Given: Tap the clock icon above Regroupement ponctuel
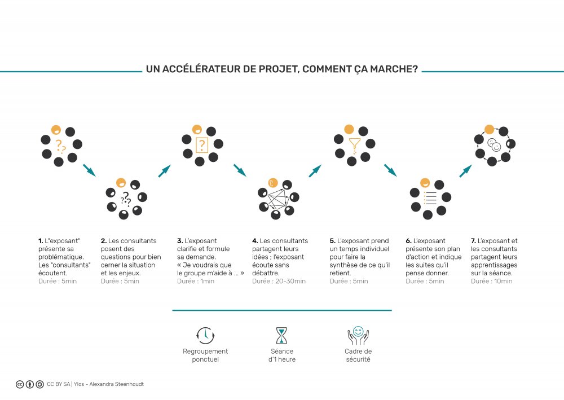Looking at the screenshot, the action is point(205,336).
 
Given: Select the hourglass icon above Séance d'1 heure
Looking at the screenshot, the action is point(281,336).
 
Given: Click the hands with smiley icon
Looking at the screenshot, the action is point(358,335).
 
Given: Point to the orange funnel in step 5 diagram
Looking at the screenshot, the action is point(354,145).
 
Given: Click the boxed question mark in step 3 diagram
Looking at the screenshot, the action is point(202,146).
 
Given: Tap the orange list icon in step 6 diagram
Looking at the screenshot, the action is point(430,198).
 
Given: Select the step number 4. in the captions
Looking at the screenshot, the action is point(255,241).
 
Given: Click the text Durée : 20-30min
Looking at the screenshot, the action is point(279,281).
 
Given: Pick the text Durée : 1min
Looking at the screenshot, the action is point(195,281).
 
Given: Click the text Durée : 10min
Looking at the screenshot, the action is point(491,281).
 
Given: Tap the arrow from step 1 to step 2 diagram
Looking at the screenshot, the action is point(89,170).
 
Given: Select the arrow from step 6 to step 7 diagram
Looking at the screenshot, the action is point(465,171).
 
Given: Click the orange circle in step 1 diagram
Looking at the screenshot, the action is point(56,130).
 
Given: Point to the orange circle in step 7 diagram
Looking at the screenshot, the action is point(489,130).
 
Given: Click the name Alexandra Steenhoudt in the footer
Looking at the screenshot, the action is point(117,384).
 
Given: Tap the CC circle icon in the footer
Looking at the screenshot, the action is point(20,384).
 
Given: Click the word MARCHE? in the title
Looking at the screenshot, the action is point(394,69).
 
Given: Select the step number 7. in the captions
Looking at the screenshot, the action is point(473,241).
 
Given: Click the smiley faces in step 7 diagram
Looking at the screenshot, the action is point(494,144).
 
